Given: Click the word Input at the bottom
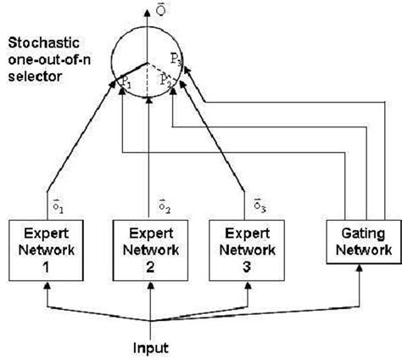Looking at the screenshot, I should point(150,347).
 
